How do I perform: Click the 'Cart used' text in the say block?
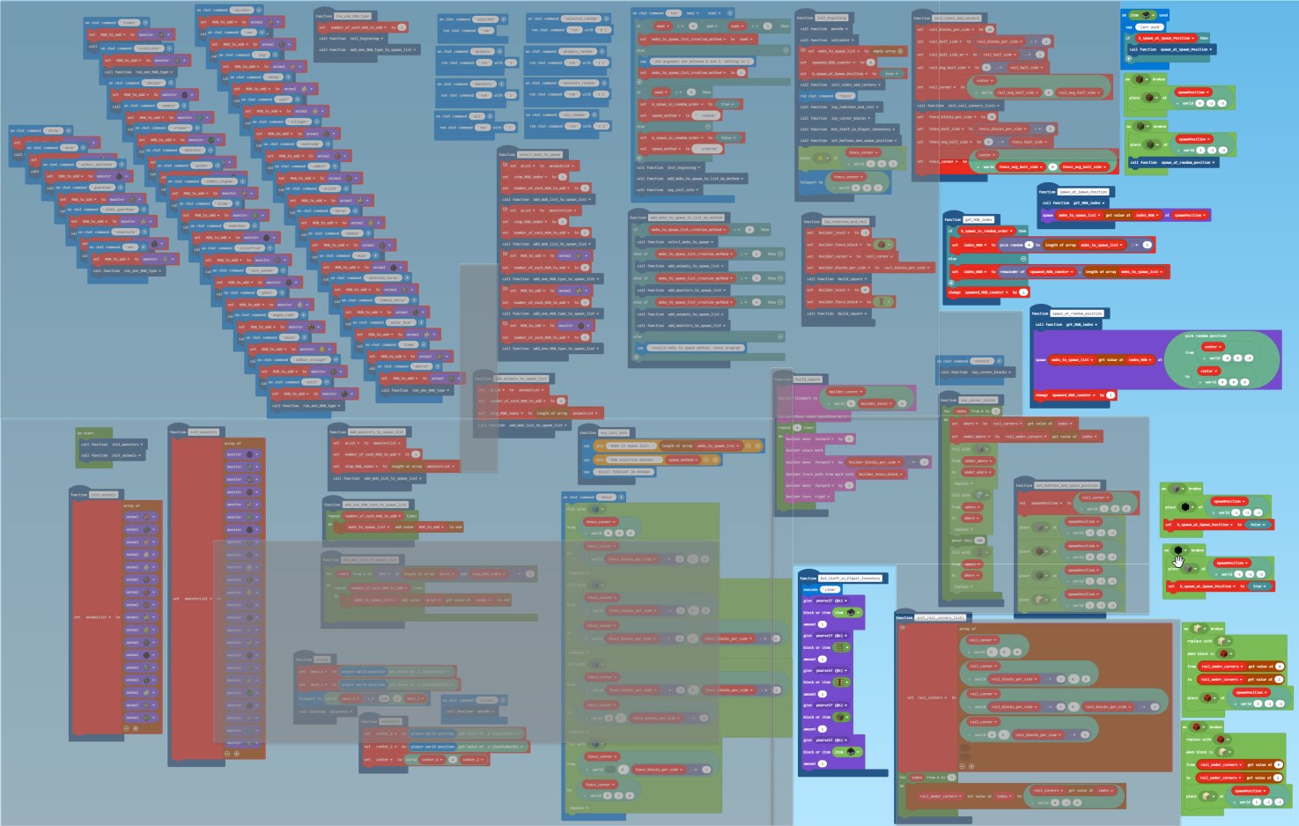pos(1150,27)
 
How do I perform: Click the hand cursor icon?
pos(1178,558)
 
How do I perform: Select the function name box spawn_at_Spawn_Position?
pos(1083,192)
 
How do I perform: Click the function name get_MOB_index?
pos(979,219)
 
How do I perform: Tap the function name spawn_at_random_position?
pos(1079,313)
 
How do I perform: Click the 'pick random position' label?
pos(1205,336)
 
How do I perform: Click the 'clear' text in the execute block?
pos(830,589)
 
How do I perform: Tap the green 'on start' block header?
pos(88,433)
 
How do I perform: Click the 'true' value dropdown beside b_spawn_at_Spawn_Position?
pos(1258,586)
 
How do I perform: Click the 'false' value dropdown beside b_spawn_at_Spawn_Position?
pos(1256,525)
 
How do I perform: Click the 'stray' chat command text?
pos(52,130)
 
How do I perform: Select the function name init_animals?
pos(103,495)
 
